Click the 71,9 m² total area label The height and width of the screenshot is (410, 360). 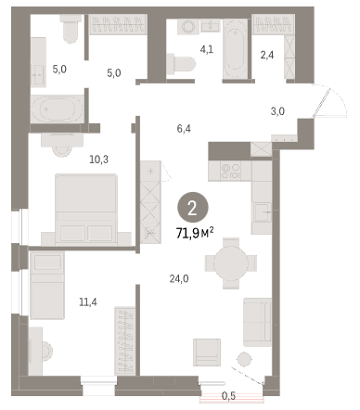click(x=195, y=233)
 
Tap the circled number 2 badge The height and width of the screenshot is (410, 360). click(x=192, y=209)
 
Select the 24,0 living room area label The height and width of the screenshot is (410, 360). click(x=179, y=279)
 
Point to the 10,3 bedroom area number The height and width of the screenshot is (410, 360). click(x=99, y=160)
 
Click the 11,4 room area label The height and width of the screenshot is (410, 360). click(x=88, y=301)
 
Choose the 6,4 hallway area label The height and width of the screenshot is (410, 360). click(x=184, y=128)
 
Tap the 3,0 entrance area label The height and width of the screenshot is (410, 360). click(x=277, y=111)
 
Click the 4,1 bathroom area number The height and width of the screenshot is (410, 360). click(x=207, y=49)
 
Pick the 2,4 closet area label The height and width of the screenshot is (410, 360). click(x=267, y=55)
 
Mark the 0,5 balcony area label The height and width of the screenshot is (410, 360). click(x=229, y=395)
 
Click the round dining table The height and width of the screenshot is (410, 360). click(x=231, y=263)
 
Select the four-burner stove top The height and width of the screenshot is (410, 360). click(x=230, y=171)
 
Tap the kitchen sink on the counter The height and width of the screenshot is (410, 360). click(x=263, y=212)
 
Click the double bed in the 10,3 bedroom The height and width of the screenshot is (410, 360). click(x=86, y=210)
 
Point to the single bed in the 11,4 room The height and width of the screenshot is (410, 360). click(x=47, y=285)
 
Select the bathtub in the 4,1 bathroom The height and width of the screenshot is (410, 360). click(x=236, y=49)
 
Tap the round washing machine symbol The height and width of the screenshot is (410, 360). click(x=188, y=27)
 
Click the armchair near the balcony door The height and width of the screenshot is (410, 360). click(x=207, y=352)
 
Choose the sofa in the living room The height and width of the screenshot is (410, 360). click(x=257, y=322)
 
